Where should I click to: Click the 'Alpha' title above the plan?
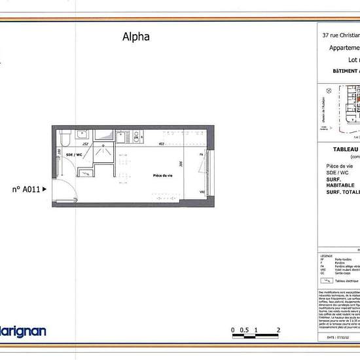[136, 37]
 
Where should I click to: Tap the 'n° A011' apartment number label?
[27, 189]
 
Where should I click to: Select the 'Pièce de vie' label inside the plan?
[162, 176]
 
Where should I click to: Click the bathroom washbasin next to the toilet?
[82, 135]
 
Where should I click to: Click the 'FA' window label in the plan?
[202, 154]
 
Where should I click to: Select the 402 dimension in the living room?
[161, 144]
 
